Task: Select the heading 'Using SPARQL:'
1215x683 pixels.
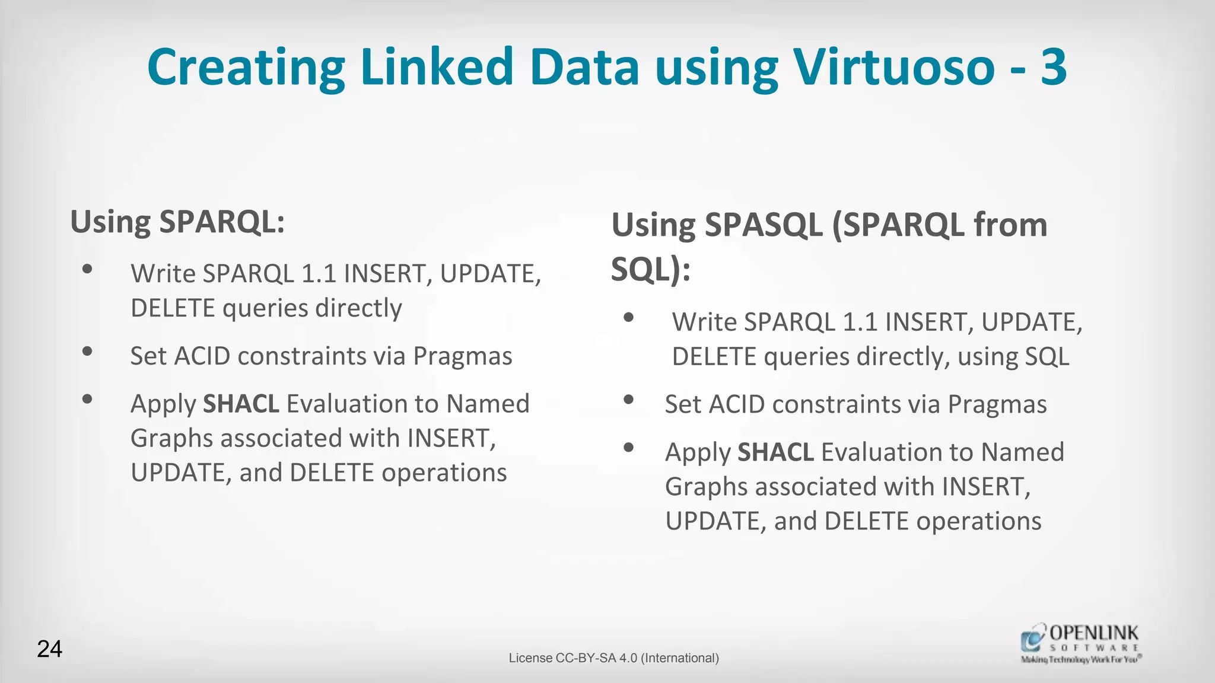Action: coord(177,222)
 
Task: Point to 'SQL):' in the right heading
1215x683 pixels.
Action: coord(651,270)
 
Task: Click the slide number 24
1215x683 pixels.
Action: coord(50,649)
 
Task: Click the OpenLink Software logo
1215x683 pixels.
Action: coord(1080,643)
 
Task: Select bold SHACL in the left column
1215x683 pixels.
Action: coord(241,404)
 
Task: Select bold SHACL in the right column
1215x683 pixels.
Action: coord(775,452)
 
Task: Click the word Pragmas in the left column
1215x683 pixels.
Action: coord(462,356)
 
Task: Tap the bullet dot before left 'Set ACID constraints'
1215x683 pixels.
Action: coord(87,352)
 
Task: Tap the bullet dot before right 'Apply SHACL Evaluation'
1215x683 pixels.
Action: coord(629,448)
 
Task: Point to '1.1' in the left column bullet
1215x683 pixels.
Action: coord(319,274)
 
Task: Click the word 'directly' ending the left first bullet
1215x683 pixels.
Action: coord(358,308)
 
